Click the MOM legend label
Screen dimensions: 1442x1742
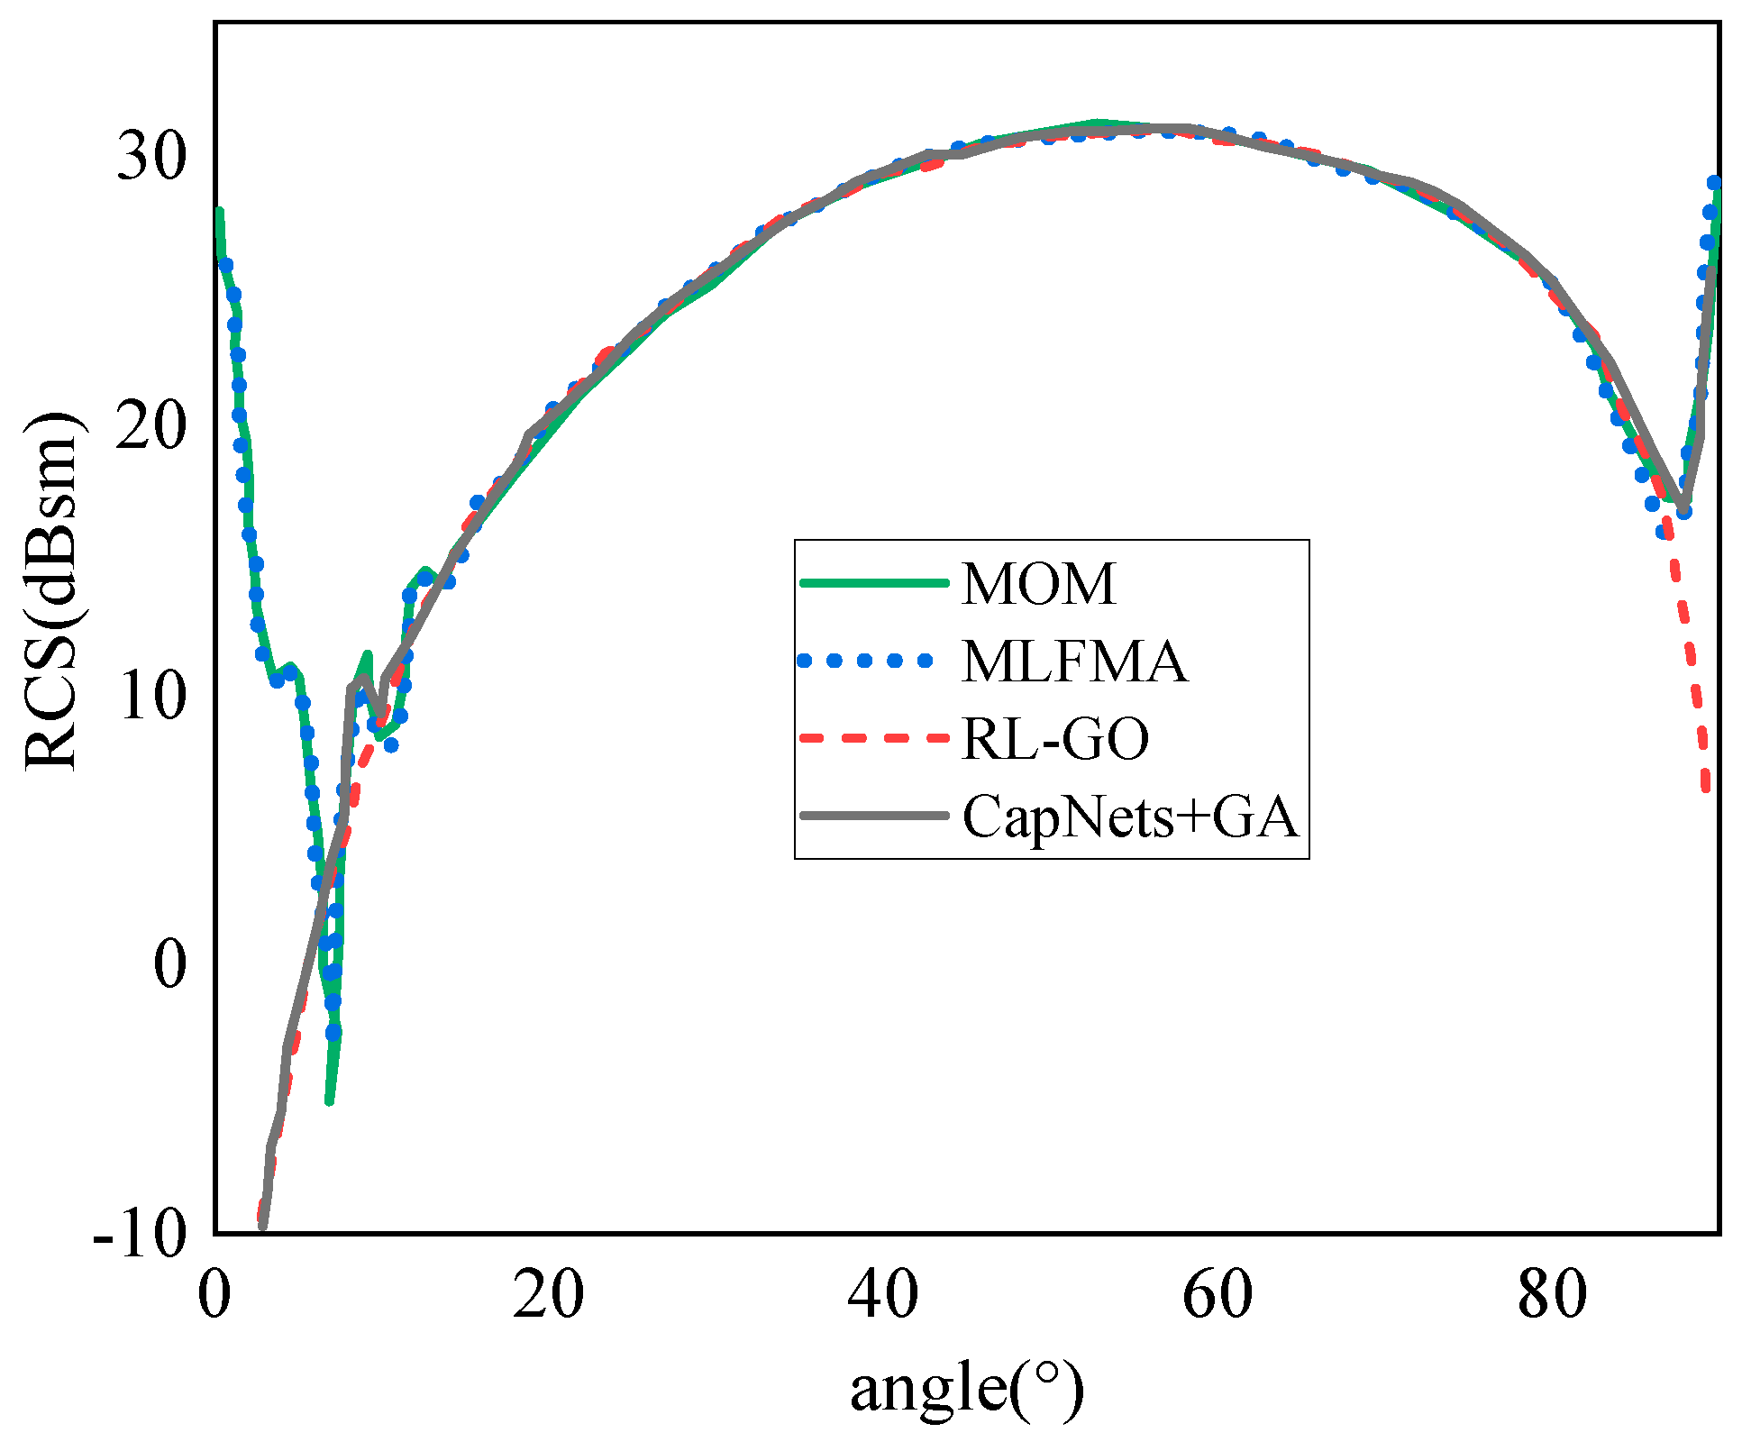[1038, 583]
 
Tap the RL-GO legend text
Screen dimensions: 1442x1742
[1055, 739]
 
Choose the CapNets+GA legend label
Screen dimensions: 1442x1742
[1130, 817]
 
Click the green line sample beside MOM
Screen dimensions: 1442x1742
[874, 583]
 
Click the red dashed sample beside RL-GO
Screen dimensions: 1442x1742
[874, 738]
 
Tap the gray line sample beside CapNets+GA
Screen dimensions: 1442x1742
[874, 816]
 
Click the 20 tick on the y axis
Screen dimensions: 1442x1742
[151, 425]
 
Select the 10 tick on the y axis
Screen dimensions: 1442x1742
[151, 695]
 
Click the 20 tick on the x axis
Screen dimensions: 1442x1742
[548, 1296]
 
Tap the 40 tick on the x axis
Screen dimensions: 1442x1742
[883, 1296]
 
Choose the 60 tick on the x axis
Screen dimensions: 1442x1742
[1218, 1296]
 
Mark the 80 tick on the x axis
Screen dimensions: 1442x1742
[1552, 1296]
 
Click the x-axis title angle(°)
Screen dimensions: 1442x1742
[967, 1387]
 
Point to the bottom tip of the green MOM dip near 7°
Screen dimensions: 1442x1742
[330, 1101]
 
